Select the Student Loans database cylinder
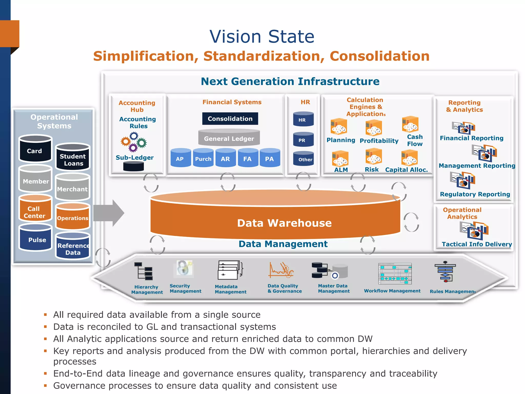tap(73, 158)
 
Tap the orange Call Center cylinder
tap(35, 209)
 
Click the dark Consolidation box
tap(230, 119)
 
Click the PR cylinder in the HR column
tap(303, 140)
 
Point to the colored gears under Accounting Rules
tap(134, 142)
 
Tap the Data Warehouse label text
tap(284, 223)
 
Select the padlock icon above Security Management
tap(184, 268)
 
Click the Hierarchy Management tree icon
tap(144, 271)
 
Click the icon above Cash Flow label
tap(410, 124)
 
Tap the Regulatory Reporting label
tap(475, 194)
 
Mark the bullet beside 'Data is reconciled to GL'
tap(45, 327)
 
